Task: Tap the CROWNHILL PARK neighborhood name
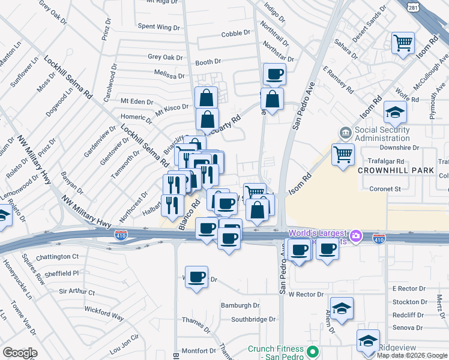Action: [x=396, y=170]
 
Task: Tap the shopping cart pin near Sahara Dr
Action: [x=403, y=43]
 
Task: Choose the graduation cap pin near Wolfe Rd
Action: [x=395, y=112]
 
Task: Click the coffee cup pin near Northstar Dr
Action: [x=274, y=75]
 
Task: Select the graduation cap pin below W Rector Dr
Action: [x=342, y=308]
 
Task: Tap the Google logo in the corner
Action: [x=20, y=353]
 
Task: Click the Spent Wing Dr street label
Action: [x=159, y=27]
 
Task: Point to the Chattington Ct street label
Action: [x=58, y=256]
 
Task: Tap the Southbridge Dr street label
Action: [x=253, y=319]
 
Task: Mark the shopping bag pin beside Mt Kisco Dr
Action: [x=206, y=98]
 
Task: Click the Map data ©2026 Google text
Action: [x=412, y=355]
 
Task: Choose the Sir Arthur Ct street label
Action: [x=77, y=292]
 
